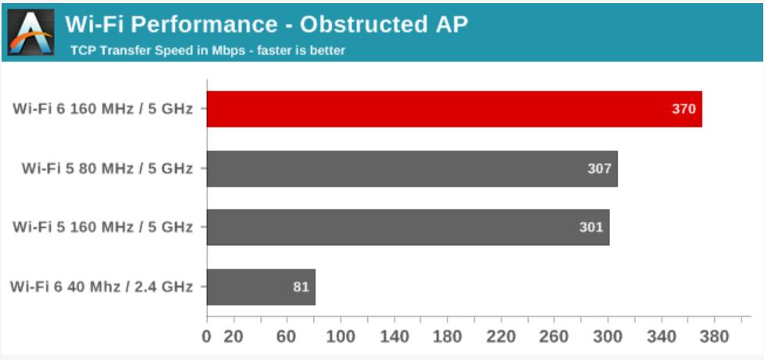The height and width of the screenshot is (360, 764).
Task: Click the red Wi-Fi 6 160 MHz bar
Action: tap(454, 109)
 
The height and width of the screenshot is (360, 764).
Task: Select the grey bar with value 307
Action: tap(412, 169)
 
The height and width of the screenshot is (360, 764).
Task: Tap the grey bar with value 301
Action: tap(409, 227)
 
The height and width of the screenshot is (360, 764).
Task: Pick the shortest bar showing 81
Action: tap(261, 287)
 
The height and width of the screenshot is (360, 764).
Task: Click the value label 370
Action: tap(684, 109)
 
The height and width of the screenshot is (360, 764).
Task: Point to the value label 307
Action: tap(599, 169)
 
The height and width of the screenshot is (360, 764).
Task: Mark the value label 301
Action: tap(591, 227)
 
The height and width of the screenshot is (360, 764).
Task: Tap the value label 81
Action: tap(301, 287)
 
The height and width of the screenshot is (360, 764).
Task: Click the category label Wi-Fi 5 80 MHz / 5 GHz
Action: tap(107, 169)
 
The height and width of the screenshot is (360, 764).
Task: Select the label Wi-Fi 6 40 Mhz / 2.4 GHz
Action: tap(102, 287)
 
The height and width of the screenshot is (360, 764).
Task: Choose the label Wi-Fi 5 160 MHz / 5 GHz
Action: tap(103, 227)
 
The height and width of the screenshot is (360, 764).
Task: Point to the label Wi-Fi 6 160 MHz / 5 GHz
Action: tap(103, 109)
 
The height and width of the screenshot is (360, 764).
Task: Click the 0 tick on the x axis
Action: tap(207, 337)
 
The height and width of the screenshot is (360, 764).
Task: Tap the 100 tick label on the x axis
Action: tap(341, 337)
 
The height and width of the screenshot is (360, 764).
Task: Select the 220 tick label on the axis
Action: tap(501, 337)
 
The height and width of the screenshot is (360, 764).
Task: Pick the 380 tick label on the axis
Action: tap(714, 337)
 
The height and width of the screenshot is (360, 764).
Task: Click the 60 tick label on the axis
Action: tap(287, 337)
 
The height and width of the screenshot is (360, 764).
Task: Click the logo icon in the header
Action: tap(30, 32)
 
